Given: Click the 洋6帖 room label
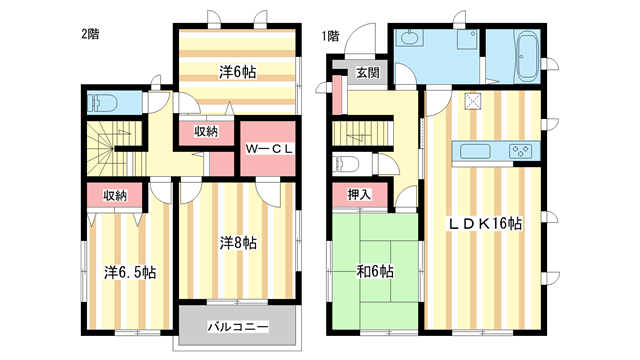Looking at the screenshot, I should click(x=237, y=72).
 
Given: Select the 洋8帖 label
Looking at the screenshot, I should click(x=238, y=242).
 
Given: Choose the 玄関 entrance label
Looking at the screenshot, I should click(x=367, y=73).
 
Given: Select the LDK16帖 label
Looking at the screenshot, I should click(x=485, y=222).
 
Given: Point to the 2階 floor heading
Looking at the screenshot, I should click(x=90, y=34).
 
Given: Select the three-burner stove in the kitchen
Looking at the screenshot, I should click(x=520, y=152).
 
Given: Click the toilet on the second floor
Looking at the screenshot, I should click(x=101, y=102).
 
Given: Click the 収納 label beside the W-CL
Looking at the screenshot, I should click(x=206, y=131).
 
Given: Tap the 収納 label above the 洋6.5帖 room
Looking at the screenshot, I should click(x=115, y=195).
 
